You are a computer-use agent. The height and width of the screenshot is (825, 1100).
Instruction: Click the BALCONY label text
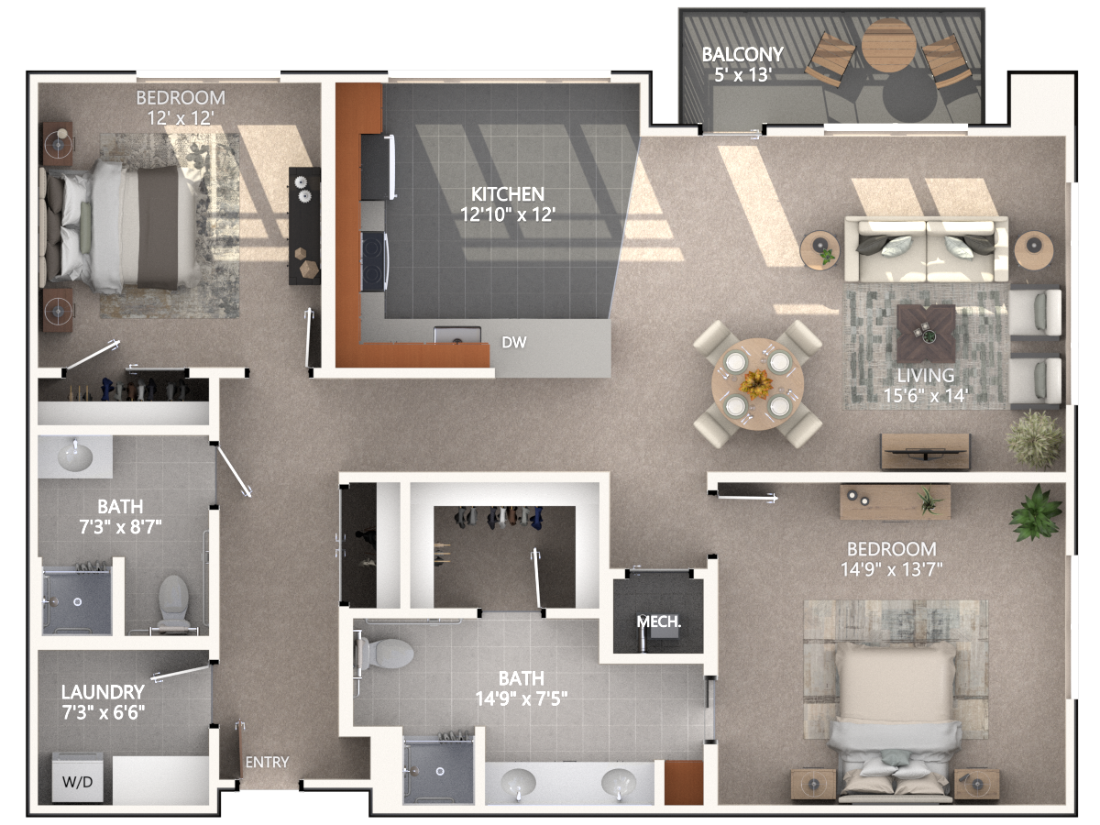[x=742, y=54]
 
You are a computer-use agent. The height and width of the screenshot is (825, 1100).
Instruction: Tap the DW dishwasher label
[x=514, y=342]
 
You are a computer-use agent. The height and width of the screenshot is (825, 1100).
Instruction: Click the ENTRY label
[x=267, y=762]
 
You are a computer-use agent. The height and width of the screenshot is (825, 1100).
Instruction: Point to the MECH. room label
[x=658, y=622]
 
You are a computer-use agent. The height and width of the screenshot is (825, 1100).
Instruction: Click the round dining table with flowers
[x=757, y=384]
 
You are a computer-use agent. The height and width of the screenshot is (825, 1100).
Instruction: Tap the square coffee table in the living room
[x=926, y=333]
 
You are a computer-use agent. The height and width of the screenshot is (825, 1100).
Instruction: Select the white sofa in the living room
[x=926, y=248]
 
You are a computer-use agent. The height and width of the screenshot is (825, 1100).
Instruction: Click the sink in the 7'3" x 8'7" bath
[x=75, y=456]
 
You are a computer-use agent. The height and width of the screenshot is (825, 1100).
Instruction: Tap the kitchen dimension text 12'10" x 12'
[x=508, y=214]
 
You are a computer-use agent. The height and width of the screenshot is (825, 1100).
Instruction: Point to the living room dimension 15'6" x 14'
[x=925, y=395]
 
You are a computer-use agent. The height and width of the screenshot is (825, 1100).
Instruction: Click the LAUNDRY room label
[x=103, y=692]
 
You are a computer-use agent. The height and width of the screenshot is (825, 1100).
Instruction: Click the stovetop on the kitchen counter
[x=374, y=261]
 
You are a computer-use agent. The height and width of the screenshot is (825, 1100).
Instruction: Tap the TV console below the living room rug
[x=925, y=451]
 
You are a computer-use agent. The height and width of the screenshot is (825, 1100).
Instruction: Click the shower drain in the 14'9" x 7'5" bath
[x=439, y=772]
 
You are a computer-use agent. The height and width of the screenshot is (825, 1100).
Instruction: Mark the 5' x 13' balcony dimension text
[x=742, y=75]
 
